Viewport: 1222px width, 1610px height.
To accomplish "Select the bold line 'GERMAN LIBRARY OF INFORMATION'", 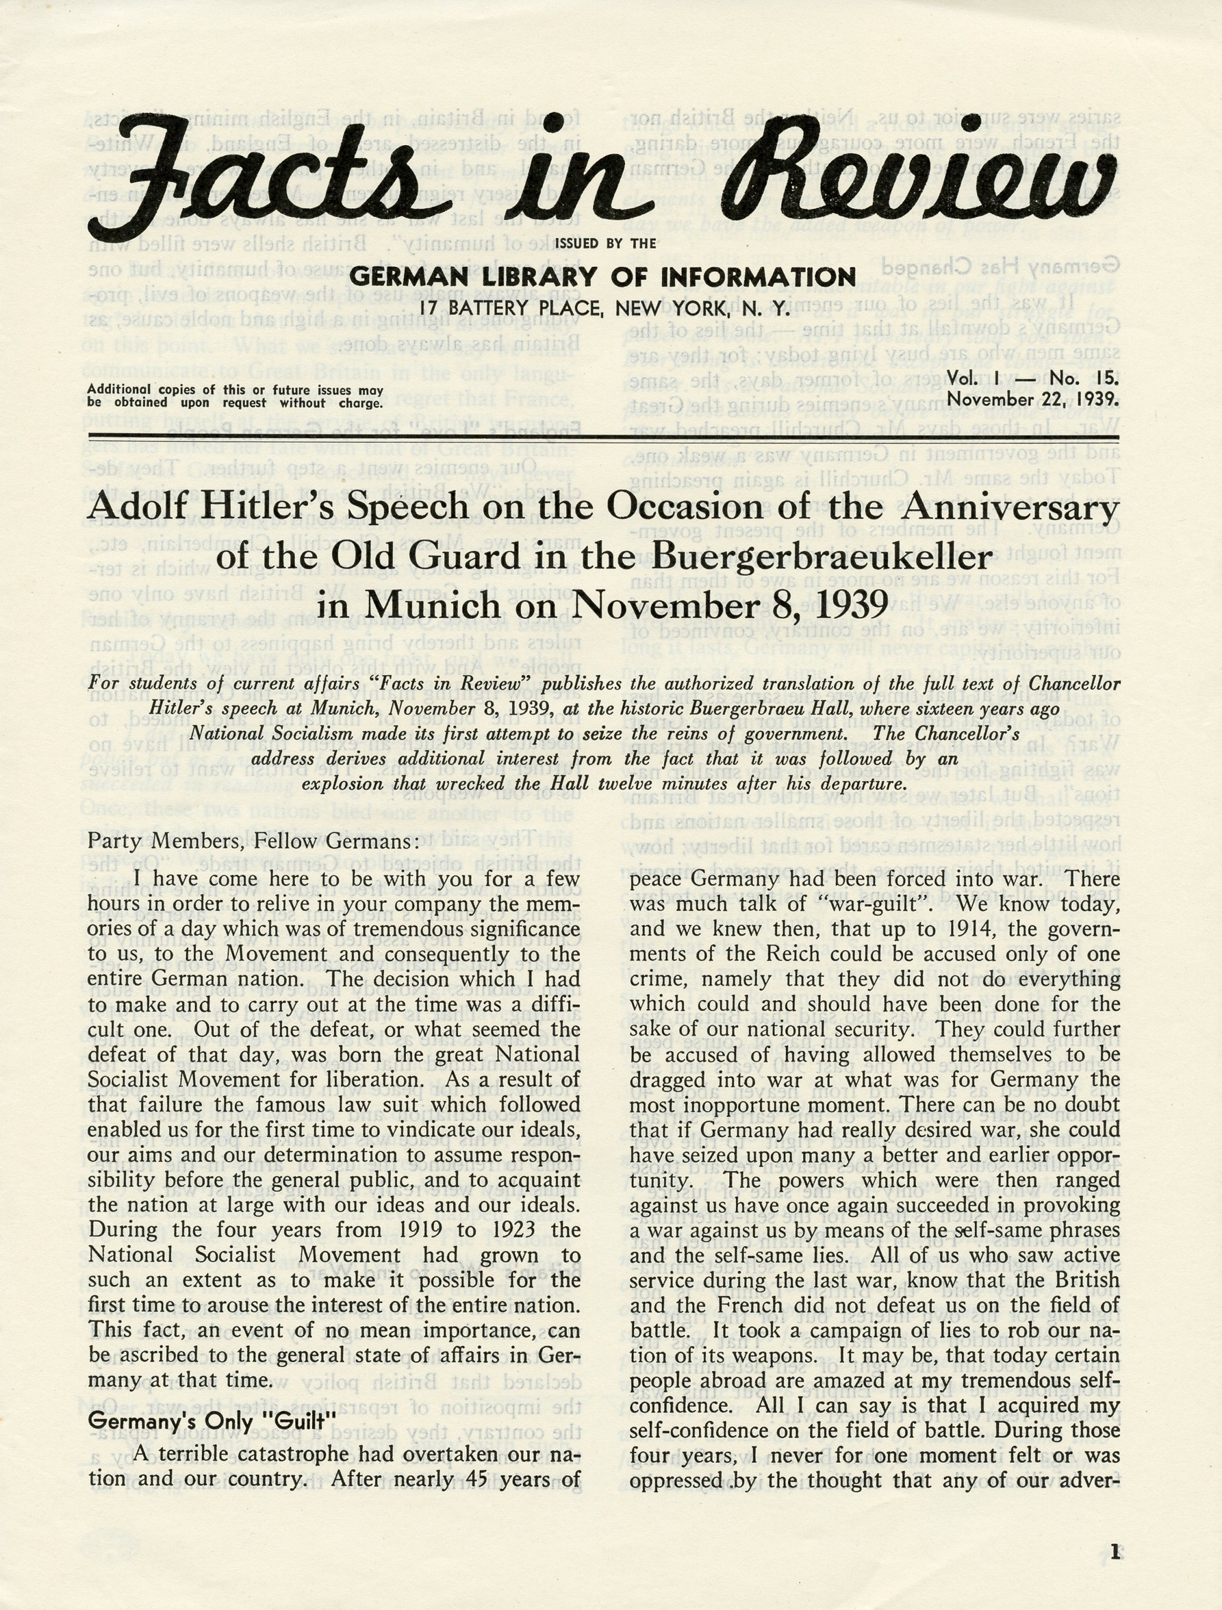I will click(x=602, y=277).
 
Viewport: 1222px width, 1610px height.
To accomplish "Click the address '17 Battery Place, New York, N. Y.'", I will click(x=603, y=309).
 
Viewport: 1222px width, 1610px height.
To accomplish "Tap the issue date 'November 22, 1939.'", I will click(x=1033, y=400).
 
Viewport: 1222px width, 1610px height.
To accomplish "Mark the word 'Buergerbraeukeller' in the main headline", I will click(x=822, y=559).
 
